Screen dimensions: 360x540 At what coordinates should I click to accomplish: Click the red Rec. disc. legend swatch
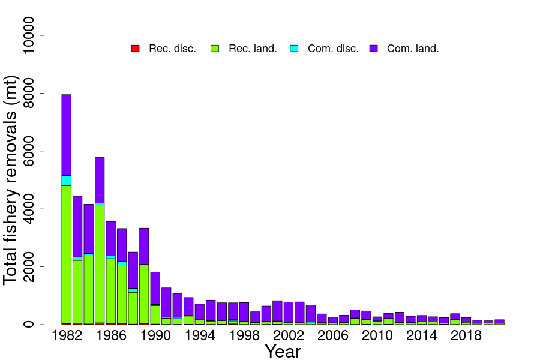pos(136,48)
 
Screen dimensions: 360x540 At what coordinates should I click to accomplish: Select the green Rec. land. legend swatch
pos(215,48)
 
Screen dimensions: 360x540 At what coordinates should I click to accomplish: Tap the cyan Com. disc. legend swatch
pos(294,48)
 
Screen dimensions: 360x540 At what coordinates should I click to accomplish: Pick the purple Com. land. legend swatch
pos(374,48)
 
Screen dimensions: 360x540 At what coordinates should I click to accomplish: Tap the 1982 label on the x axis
pos(67,336)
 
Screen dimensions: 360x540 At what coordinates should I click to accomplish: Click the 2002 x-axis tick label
pos(289,336)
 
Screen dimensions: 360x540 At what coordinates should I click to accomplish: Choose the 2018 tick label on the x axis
pos(466,336)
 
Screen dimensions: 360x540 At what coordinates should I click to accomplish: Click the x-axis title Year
pos(283,351)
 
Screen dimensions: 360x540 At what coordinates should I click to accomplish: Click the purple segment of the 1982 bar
pos(67,135)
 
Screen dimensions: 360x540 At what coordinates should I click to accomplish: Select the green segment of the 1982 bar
pos(67,252)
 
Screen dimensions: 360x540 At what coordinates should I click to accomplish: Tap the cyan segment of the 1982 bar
pos(67,181)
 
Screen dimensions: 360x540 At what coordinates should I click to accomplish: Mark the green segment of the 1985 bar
pos(100,264)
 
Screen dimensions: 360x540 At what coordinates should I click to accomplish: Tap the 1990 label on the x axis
pos(155,336)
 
